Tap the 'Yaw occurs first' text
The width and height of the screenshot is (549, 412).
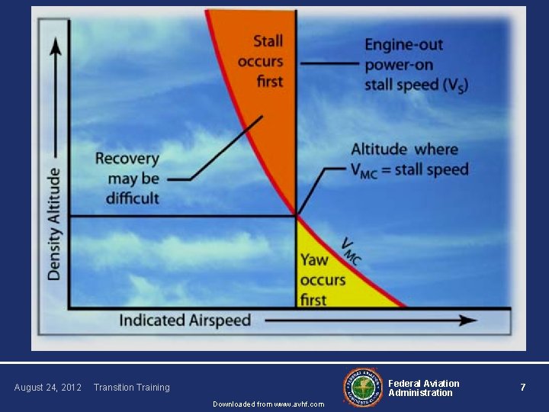coord(322,279)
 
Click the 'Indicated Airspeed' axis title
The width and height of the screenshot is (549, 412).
coord(185,320)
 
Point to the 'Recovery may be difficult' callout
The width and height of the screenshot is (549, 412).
coord(127,179)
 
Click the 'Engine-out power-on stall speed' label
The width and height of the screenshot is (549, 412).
coord(416,65)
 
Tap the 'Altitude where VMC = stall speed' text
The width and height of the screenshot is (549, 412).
coord(409,159)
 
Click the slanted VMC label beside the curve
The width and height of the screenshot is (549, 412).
coord(352,251)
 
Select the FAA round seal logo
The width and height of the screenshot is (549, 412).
coord(364,387)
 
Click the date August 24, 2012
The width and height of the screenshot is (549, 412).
coord(47,388)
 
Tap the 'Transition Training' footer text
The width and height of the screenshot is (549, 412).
coord(131,388)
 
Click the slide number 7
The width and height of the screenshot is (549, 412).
coord(522,388)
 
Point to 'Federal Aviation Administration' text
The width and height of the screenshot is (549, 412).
coord(423,388)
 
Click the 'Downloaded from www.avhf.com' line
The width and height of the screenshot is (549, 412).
coord(268,404)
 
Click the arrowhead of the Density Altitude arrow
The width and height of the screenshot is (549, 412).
coord(54,47)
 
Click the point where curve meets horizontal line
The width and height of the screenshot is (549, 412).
coord(296,216)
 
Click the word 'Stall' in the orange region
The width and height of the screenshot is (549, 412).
coord(268,41)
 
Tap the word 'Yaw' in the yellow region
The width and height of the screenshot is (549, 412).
coord(314,260)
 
